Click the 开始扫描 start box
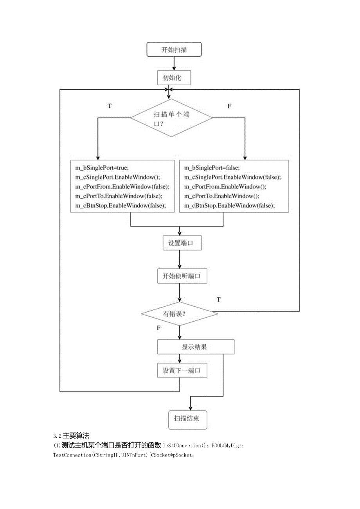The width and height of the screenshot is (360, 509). pos(174,50)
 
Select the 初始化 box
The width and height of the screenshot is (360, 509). pos(174,77)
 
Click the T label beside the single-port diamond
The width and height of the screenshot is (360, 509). pos(110,106)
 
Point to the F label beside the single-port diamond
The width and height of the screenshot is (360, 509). pos(229,106)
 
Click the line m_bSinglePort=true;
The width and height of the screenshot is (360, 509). pos(102,167)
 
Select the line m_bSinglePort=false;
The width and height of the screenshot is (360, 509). pos(212,167)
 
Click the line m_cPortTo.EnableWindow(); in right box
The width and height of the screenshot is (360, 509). pos(222,196)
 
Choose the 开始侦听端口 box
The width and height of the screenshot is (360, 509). pos(181,276)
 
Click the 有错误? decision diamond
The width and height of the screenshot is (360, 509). pos(180,313)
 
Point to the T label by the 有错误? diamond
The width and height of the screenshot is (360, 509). pos(219,299)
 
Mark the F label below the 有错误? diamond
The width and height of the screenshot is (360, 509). pos(158,328)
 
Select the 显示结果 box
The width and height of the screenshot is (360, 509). pos(196,347)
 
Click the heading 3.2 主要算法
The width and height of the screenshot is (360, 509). pos(71,435)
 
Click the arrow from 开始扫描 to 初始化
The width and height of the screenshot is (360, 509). pos(174,64)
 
